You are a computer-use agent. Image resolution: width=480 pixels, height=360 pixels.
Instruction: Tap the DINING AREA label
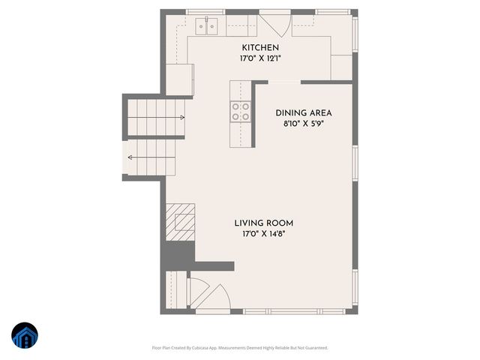[x=303, y=112]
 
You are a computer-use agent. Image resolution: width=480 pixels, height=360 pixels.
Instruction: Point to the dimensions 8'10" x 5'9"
[x=303, y=123]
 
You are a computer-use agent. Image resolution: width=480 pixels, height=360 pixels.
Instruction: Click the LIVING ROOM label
[x=263, y=223]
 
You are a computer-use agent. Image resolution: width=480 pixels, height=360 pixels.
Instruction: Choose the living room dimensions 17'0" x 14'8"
[x=263, y=234]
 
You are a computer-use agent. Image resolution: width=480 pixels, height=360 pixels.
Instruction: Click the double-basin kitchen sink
[x=206, y=26]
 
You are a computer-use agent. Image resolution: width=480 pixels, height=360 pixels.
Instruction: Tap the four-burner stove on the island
[x=240, y=112]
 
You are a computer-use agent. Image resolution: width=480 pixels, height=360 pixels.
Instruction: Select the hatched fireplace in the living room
[x=180, y=221]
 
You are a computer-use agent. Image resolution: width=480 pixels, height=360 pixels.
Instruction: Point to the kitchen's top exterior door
[x=274, y=22]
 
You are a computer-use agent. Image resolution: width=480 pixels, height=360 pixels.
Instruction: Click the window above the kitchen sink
[x=205, y=11]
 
